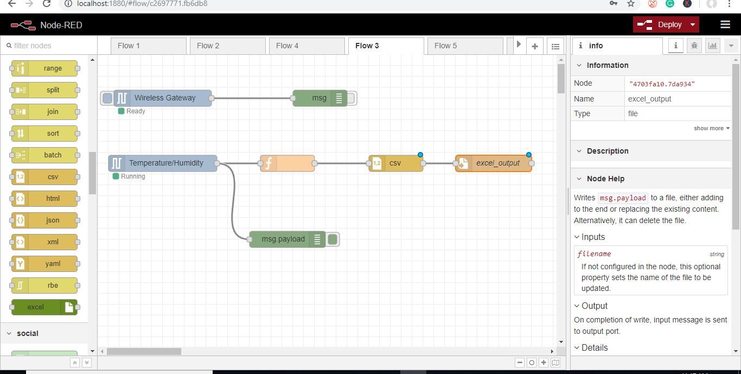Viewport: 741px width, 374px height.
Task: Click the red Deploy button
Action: (666, 24)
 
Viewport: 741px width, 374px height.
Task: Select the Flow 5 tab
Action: (465, 46)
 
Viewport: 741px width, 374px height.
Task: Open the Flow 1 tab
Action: (148, 46)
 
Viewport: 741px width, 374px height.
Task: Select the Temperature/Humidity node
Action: (163, 163)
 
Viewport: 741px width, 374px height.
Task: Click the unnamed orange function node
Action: (288, 163)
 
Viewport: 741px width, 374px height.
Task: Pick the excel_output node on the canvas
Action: (494, 163)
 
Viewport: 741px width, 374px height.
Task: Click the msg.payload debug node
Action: (287, 239)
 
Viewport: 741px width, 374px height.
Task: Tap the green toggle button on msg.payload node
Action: (333, 239)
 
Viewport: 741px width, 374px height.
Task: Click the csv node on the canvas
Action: (396, 163)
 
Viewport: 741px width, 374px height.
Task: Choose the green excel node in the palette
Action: (44, 307)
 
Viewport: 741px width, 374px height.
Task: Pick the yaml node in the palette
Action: (44, 264)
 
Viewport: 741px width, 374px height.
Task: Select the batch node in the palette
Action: (44, 155)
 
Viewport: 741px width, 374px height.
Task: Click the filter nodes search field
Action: (49, 46)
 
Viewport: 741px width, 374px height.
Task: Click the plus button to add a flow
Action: (534, 46)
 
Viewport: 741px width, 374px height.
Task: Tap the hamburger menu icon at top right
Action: (725, 24)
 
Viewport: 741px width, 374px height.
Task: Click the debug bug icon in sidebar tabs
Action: (694, 46)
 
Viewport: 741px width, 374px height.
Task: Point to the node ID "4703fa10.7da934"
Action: (662, 84)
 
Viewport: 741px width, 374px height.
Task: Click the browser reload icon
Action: (47, 4)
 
